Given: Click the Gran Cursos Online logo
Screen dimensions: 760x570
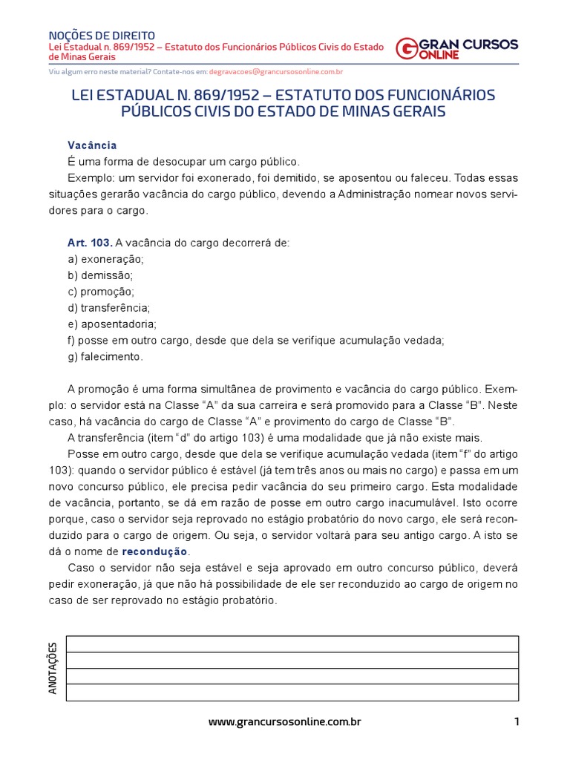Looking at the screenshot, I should tap(456, 48).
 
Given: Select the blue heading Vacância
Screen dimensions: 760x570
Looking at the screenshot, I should tap(92, 145).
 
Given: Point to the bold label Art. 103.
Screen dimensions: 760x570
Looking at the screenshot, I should tap(90, 243).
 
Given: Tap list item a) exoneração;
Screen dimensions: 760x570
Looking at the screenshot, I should tap(105, 259).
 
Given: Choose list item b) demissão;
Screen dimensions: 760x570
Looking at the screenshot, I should tap(100, 275).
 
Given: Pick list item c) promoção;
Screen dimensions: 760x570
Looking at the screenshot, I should tap(101, 292).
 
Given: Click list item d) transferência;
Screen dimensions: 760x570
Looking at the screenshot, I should tap(108, 307).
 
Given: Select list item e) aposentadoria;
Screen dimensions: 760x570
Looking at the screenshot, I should tap(111, 324).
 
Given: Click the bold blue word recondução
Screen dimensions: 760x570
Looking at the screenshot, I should tap(155, 551).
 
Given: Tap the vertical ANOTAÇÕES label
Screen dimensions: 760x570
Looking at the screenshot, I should tap(53, 669).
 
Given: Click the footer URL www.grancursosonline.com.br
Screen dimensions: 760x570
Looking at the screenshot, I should tap(285, 721).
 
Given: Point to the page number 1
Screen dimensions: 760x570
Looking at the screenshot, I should tap(516, 721).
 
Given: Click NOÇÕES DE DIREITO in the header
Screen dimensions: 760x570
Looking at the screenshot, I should tap(102, 35).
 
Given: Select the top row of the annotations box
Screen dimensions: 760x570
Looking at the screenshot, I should tap(292, 644).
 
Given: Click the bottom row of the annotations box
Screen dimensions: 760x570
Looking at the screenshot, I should tap(292, 692).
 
